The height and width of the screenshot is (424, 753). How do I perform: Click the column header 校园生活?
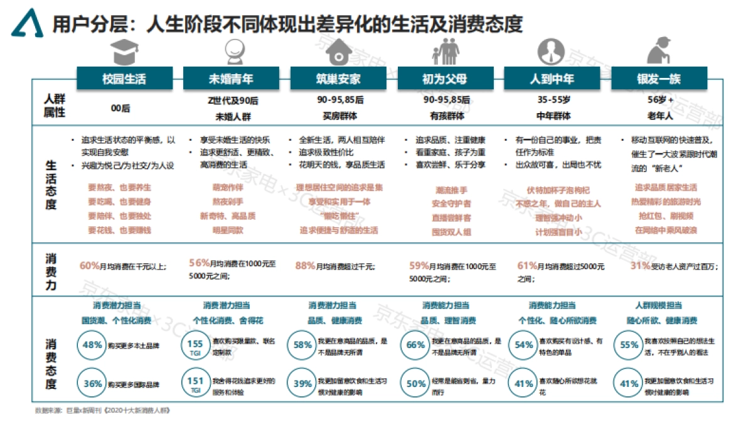tap(124, 79)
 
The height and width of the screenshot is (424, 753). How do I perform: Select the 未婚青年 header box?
tap(231, 79)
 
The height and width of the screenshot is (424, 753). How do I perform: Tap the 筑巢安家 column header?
tap(338, 79)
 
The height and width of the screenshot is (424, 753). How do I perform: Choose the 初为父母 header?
tap(445, 79)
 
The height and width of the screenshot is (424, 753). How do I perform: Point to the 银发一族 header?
tap(658, 79)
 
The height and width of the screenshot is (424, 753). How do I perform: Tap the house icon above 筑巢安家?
tap(338, 50)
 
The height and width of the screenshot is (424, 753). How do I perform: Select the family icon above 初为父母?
tap(445, 50)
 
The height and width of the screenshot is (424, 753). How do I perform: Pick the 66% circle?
tap(415, 345)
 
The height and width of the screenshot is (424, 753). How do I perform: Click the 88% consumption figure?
tap(305, 266)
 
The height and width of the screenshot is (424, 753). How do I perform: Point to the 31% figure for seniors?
tap(640, 266)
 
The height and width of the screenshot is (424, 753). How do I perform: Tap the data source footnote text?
tap(103, 410)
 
